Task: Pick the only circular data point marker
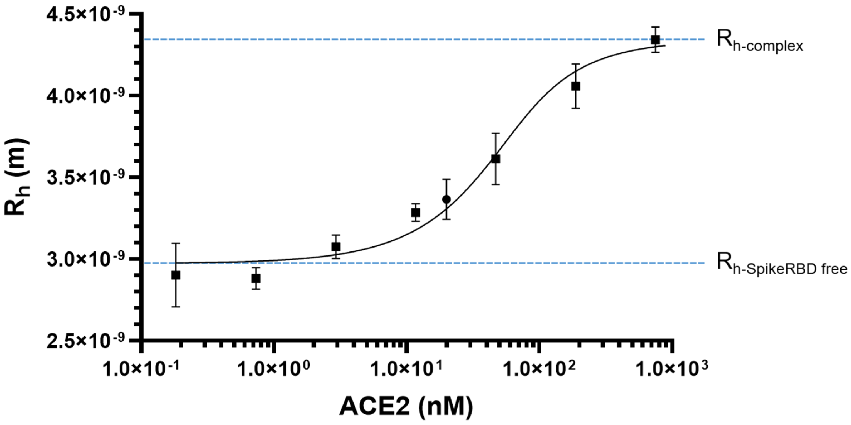pyautogui.click(x=447, y=199)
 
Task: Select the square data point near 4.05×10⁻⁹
pyautogui.click(x=576, y=86)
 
